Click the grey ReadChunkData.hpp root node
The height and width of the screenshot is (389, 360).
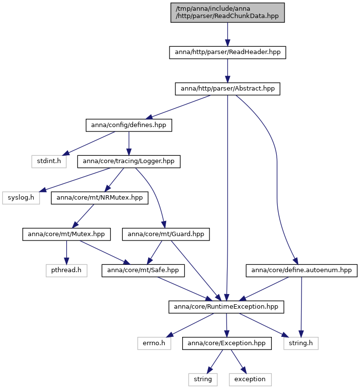point(227,12)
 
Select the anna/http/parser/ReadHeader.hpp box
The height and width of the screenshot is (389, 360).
point(227,53)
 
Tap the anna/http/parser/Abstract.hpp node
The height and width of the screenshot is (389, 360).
point(227,89)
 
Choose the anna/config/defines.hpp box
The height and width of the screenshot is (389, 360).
point(129,125)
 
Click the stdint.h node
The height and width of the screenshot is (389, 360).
point(49,161)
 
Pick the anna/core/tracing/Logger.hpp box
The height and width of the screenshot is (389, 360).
point(129,161)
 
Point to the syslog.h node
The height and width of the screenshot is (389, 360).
point(21,198)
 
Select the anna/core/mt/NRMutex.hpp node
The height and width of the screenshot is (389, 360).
point(99,198)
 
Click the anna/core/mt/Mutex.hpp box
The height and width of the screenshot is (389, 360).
point(66,234)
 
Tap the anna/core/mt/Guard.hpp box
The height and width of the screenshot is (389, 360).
point(166,234)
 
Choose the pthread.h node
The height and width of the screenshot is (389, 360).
point(66,270)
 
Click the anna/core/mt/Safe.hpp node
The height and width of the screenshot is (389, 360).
point(143,270)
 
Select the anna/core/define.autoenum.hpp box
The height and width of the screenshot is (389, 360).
point(302,270)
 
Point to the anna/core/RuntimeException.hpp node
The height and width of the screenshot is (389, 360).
point(226,307)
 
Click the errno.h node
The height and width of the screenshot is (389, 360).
point(154,343)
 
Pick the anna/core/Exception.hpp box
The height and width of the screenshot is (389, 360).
point(227,343)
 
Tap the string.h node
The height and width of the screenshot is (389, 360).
point(301,343)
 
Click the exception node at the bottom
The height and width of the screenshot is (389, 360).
point(250,380)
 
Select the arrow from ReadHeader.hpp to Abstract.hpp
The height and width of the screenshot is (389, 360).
point(227,71)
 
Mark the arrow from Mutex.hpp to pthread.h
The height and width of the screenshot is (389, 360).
point(66,252)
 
